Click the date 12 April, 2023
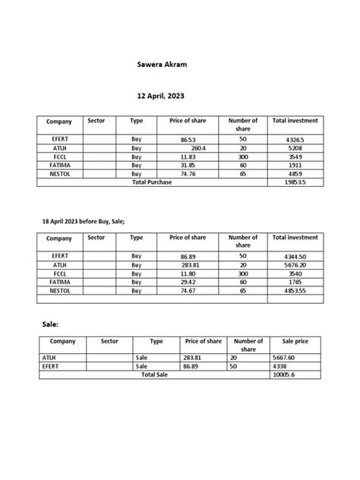[x=159, y=97]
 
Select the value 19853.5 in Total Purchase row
[x=295, y=182]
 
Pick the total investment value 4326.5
[x=295, y=141]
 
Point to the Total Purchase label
[x=152, y=182]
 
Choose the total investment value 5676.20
[x=295, y=265]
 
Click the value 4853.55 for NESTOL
[x=295, y=290]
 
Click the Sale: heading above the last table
[x=50, y=324]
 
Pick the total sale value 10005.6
[x=292, y=374]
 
